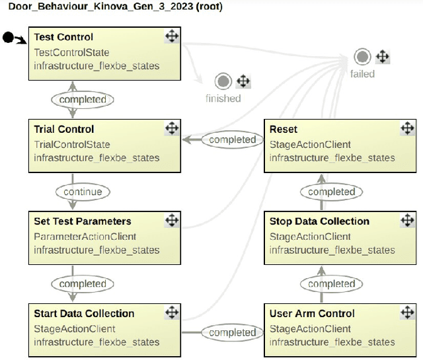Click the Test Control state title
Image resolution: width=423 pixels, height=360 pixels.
pyautogui.click(x=63, y=37)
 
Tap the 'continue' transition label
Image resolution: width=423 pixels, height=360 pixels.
pyautogui.click(x=83, y=192)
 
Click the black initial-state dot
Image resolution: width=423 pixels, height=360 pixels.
pyautogui.click(x=8, y=38)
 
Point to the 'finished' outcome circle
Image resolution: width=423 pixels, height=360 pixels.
pyautogui.click(x=223, y=82)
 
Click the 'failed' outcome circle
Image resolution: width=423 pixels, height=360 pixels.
pyautogui.click(x=362, y=57)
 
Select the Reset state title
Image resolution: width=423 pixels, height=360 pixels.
pyautogui.click(x=284, y=129)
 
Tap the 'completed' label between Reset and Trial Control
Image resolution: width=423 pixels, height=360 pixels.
pyautogui.click(x=228, y=139)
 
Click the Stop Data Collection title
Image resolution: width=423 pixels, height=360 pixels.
pyautogui.click(x=319, y=221)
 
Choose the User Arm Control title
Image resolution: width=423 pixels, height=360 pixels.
pyautogui.click(x=312, y=313)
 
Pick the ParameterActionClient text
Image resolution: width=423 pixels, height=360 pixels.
pyautogui.click(x=85, y=236)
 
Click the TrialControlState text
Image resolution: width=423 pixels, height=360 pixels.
pyautogui.click(x=72, y=144)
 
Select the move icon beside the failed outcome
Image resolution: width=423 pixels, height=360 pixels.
pyautogui.click(x=382, y=56)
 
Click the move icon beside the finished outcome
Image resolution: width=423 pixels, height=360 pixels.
pyautogui.click(x=243, y=82)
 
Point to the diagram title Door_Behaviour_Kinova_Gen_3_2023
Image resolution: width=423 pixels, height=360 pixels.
pyautogui.click(x=111, y=7)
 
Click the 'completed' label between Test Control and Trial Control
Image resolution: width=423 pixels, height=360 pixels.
pyautogui.click(x=83, y=100)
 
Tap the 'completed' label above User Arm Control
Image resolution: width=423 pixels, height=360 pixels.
pyautogui.click(x=331, y=284)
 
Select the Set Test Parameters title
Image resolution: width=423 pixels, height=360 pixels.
pyautogui.click(x=83, y=221)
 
